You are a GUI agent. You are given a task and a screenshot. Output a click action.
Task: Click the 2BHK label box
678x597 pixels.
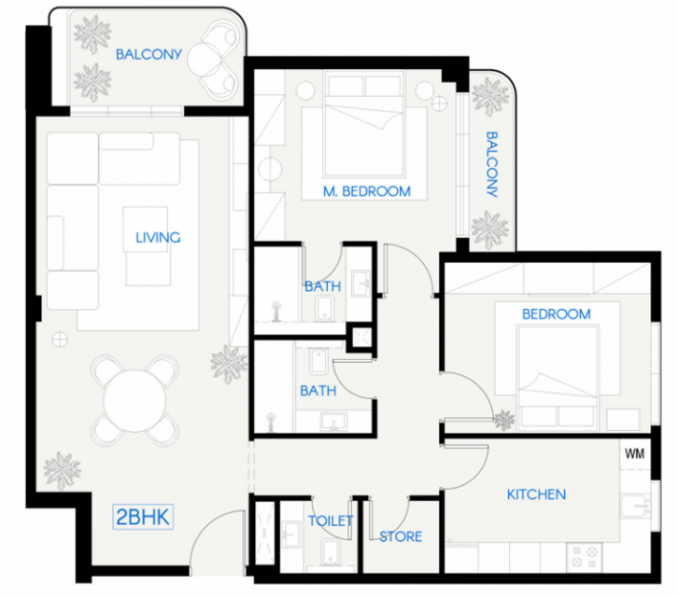[143, 517]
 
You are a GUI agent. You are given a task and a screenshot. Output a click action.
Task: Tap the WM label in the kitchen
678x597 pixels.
[634, 453]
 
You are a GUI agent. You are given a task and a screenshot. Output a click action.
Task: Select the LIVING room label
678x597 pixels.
[158, 238]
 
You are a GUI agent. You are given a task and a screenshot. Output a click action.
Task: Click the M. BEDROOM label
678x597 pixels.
[367, 191]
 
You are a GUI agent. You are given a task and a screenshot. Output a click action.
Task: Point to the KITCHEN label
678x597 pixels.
[536, 494]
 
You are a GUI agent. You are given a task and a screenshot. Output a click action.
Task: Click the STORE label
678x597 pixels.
[401, 536]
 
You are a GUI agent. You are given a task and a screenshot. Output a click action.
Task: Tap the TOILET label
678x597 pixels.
[331, 521]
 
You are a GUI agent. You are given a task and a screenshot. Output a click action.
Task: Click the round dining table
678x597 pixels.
[134, 400]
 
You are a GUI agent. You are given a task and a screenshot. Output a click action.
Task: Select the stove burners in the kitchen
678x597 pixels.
[585, 557]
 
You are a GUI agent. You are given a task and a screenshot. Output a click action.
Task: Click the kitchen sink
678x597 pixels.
[635, 507]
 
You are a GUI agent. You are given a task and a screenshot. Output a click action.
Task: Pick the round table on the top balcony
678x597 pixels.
[205, 60]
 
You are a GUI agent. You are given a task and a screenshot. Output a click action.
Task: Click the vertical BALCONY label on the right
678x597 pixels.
[491, 164]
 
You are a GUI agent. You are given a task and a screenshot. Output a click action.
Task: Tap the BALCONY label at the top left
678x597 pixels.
[148, 54]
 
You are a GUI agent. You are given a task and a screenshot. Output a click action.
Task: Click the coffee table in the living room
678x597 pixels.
[146, 229]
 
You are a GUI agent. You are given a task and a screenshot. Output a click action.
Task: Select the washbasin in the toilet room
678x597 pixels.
[291, 535]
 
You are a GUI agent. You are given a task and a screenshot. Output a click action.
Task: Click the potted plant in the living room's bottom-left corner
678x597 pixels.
[63, 470]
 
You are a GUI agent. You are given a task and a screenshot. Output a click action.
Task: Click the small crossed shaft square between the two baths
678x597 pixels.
[361, 338]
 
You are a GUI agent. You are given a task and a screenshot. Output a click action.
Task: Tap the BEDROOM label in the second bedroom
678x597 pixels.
[556, 314]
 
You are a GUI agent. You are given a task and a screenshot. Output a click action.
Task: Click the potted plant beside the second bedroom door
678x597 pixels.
[504, 420]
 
